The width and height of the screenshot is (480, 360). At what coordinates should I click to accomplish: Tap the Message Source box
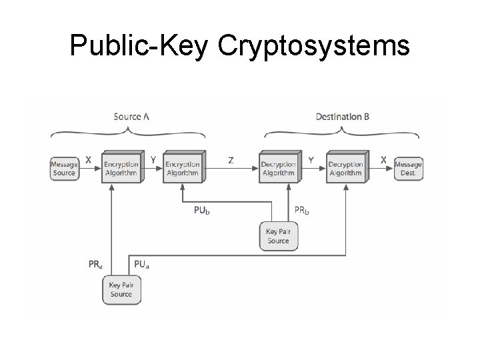pos(64,169)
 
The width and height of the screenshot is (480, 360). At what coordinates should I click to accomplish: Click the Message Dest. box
pos(408,169)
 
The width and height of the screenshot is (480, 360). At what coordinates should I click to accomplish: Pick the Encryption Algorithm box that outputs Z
pos(183,168)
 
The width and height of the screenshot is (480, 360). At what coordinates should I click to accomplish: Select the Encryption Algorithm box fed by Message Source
pos(121,168)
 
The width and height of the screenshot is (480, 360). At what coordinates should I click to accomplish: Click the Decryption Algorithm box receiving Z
pos(278,168)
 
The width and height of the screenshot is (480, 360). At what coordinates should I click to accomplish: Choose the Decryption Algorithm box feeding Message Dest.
pos(345,168)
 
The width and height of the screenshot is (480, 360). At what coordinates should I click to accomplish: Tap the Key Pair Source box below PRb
pos(279,236)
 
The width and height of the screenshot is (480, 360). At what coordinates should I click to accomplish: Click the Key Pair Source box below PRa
pos(121,289)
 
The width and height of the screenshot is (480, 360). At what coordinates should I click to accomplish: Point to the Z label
pos(231,161)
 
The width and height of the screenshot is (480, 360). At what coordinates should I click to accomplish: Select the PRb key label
pos(302,211)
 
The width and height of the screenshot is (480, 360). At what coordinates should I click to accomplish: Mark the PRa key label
pos(95,264)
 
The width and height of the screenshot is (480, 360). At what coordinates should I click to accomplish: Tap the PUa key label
pos(142,264)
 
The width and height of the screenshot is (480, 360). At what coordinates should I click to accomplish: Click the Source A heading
pos(131,117)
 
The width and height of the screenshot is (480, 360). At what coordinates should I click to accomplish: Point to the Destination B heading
pos(342,117)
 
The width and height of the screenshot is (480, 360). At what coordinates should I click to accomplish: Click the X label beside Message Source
pos(88,161)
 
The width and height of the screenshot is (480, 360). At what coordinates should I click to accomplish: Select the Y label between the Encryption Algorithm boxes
pos(153,161)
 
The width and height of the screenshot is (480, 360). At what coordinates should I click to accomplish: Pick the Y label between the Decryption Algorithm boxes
pos(311,161)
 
